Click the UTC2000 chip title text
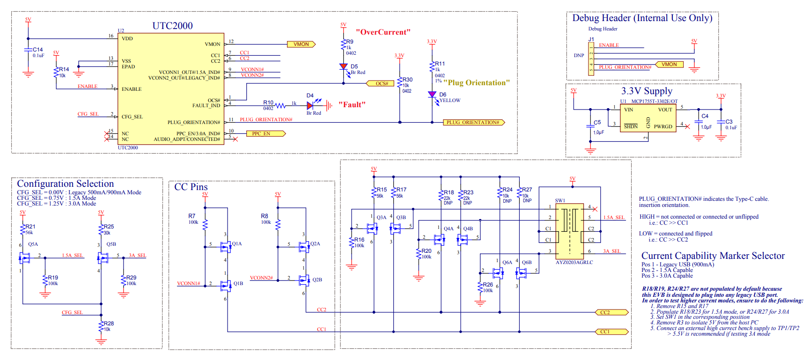172,26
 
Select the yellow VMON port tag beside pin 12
301,44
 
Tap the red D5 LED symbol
344,67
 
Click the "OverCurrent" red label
383,32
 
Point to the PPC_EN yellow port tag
265,134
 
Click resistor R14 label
64,69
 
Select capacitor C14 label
37,50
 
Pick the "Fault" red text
352,105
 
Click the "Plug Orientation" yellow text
477,83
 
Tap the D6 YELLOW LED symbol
432,95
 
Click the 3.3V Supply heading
647,91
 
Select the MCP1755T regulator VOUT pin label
665,110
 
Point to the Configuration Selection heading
66,184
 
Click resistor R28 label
109,323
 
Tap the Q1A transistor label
237,244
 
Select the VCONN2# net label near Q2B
261,278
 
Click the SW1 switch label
560,201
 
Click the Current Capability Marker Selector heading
713,256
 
